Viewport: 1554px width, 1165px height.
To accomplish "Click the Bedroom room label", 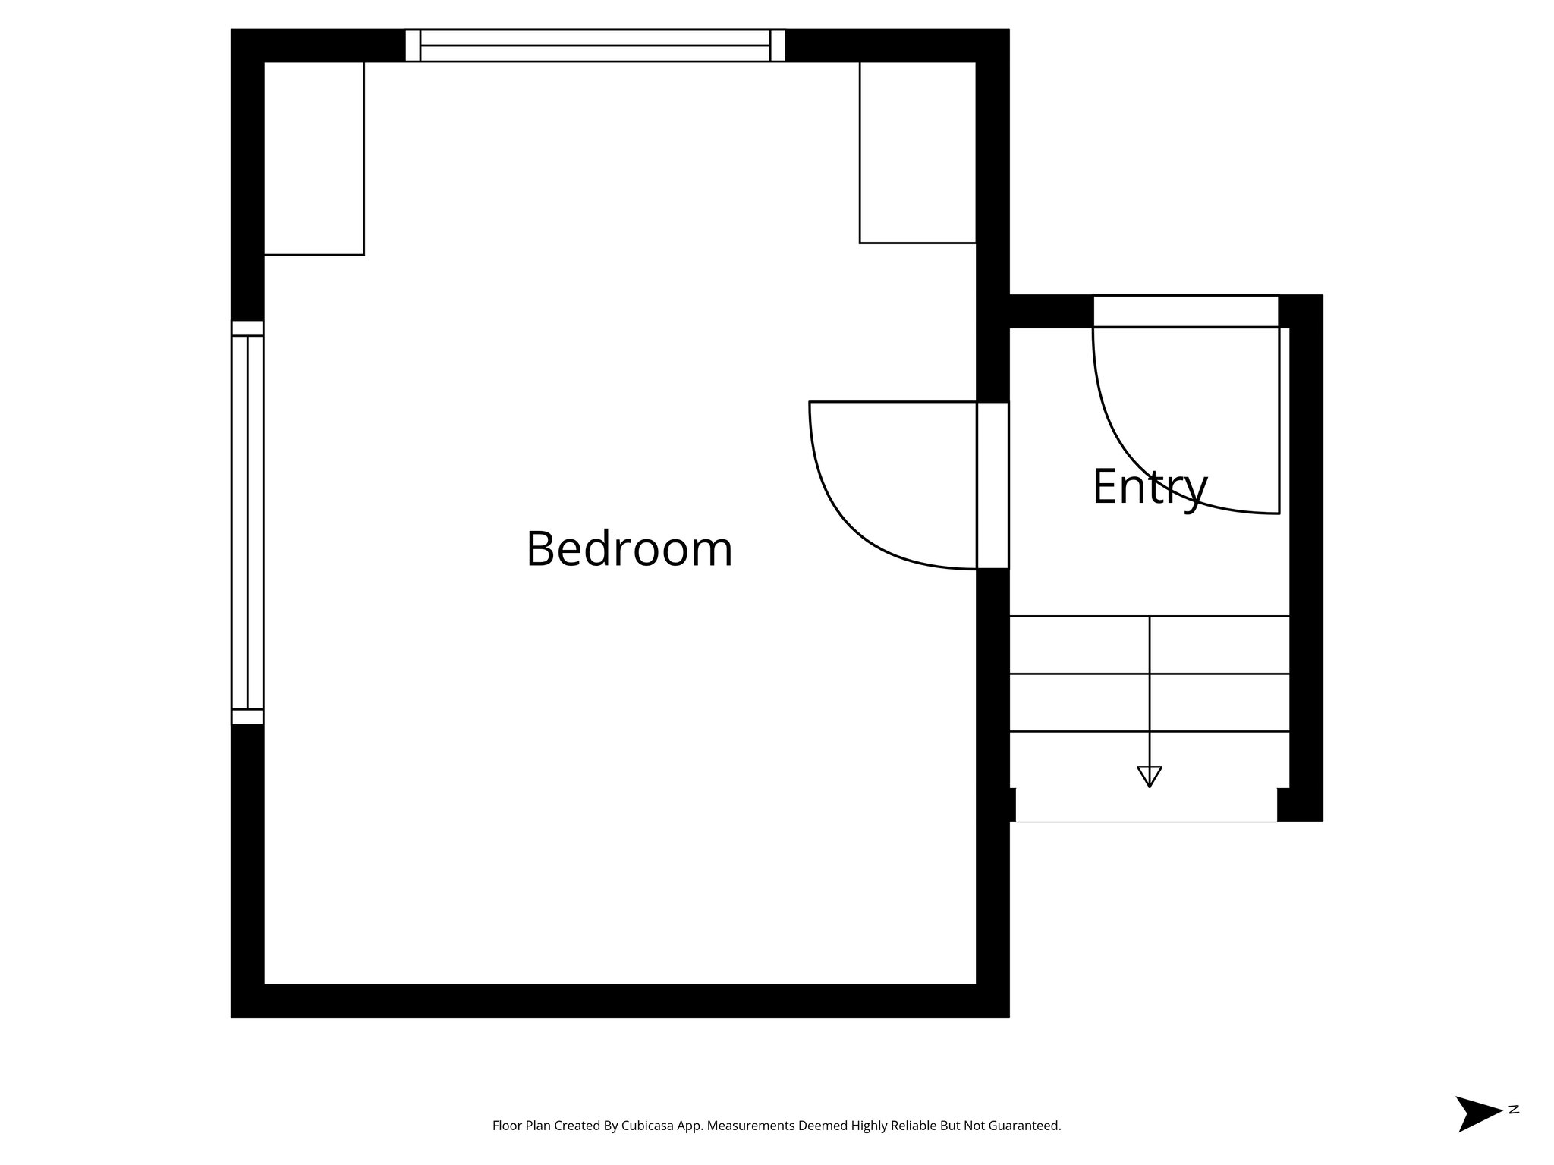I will click(x=629, y=548).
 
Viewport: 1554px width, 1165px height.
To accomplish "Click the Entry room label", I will click(x=1149, y=487).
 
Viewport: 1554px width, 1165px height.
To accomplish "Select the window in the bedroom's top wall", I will click(x=595, y=46).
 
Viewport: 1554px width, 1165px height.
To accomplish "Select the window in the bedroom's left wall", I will click(x=247, y=523).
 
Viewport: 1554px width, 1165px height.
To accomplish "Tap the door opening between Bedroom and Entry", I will click(x=992, y=485).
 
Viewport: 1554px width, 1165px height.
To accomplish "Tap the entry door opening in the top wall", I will click(x=1185, y=311).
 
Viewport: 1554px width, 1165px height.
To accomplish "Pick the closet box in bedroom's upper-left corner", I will click(x=313, y=158).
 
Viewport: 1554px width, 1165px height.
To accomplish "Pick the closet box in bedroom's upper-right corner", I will click(x=917, y=152).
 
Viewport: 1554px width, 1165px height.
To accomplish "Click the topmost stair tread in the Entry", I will click(x=1149, y=645).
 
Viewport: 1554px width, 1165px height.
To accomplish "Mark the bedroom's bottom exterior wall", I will click(x=619, y=1000).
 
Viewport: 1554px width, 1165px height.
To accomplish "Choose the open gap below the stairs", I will click(x=1146, y=805).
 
